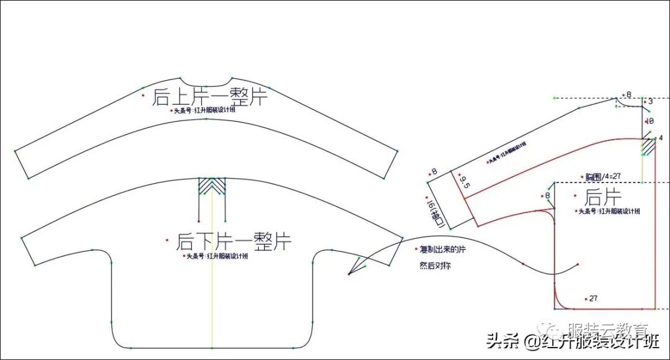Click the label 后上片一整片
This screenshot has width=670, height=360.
pyautogui.click(x=210, y=96)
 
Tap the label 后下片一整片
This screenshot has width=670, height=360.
pyautogui.click(x=234, y=241)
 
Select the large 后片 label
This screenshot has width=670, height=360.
pyautogui.click(x=604, y=198)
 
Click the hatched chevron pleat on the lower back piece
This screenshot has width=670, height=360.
pyautogui.click(x=212, y=187)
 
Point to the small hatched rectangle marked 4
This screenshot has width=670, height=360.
pyautogui.click(x=648, y=146)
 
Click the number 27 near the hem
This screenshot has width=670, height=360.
pyautogui.click(x=593, y=299)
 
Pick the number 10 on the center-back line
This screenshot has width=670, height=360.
pyautogui.click(x=650, y=121)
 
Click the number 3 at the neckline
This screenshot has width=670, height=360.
pyautogui.click(x=650, y=101)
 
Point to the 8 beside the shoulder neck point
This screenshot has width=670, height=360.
pyautogui.click(x=628, y=95)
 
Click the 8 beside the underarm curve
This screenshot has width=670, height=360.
pyautogui.click(x=547, y=196)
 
